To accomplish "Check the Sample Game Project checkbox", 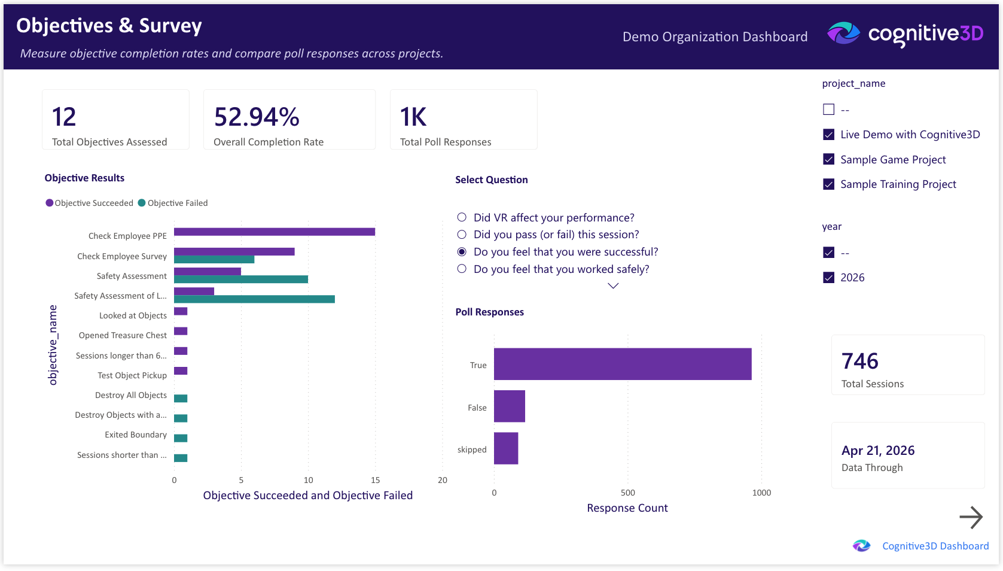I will tap(828, 159).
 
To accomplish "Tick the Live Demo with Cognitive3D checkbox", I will tap(828, 135).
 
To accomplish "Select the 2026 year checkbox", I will tap(828, 278).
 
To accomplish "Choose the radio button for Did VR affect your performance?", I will tap(462, 217).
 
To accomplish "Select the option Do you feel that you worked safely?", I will tap(462, 269).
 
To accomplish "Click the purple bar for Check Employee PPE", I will tap(274, 232).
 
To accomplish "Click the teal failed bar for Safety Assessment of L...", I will tap(254, 299).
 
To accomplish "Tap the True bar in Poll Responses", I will tap(622, 364).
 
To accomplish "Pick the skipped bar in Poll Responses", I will tap(506, 448).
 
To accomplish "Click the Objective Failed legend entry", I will tap(173, 203).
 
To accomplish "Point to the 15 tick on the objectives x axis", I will tap(375, 480).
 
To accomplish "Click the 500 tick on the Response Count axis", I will tap(627, 493).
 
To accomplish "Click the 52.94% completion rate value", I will tap(257, 117).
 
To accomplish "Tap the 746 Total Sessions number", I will tap(859, 361).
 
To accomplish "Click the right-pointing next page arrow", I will tap(971, 517).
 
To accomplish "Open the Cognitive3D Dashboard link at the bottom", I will tap(935, 546).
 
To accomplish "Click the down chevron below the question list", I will tap(613, 286).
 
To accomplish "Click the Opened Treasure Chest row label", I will tap(123, 335).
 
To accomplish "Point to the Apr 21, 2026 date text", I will tap(877, 450).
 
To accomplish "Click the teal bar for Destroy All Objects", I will tap(181, 399).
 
